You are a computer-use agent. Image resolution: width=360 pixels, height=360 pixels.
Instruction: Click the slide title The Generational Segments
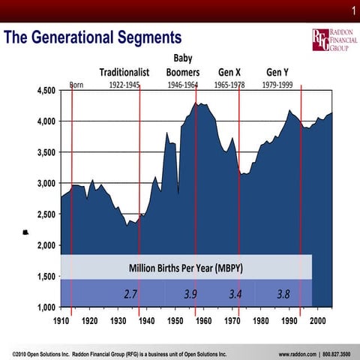(93, 37)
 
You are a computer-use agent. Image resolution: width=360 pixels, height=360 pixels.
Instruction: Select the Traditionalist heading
(125, 72)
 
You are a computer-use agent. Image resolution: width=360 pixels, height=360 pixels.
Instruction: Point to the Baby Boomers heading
(181, 65)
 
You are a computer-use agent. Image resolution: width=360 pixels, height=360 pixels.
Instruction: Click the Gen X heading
(229, 72)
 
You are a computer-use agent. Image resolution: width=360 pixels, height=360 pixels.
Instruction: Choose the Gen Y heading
(277, 72)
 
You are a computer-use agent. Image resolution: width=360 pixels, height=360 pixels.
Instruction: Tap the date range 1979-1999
(277, 85)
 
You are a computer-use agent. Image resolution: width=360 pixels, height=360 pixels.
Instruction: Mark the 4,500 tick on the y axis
(46, 91)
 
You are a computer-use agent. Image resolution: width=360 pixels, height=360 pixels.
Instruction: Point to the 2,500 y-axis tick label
(46, 214)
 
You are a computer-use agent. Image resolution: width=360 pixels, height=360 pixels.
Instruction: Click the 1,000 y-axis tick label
(46, 307)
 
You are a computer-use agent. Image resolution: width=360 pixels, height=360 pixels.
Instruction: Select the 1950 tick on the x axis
(175, 320)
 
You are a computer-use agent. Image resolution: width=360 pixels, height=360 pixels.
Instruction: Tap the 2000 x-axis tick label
(317, 320)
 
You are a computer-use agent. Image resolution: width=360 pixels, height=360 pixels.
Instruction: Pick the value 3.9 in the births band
(190, 293)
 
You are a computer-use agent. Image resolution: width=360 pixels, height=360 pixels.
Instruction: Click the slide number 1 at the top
(351, 10)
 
